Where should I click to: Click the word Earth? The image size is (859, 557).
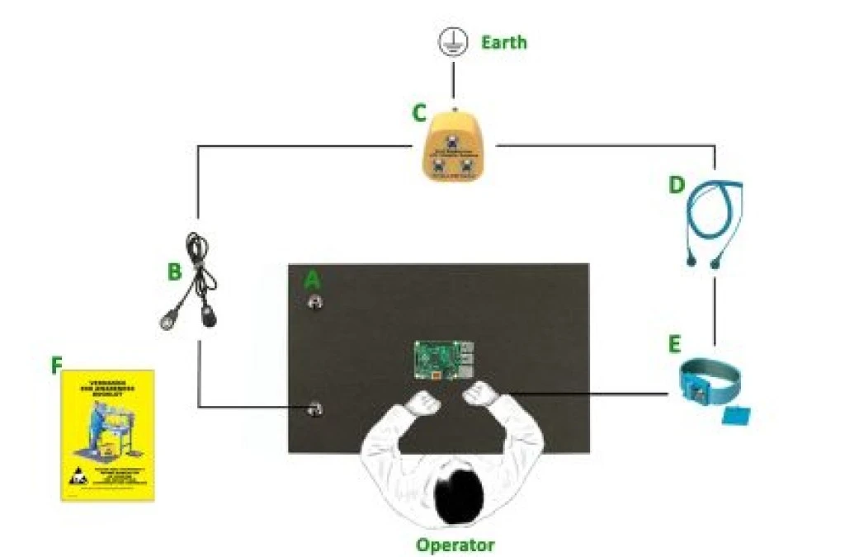pyautogui.click(x=503, y=42)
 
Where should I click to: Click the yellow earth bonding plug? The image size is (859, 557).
pyautogui.click(x=453, y=149)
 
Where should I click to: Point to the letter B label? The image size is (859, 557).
pyautogui.click(x=174, y=271)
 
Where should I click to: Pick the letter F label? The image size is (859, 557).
pyautogui.click(x=56, y=365)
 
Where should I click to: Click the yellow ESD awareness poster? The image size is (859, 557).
pyautogui.click(x=108, y=435)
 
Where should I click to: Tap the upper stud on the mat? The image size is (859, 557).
pyautogui.click(x=314, y=302)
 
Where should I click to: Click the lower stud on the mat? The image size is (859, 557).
pyautogui.click(x=314, y=408)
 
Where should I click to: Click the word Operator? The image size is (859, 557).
pyautogui.click(x=455, y=545)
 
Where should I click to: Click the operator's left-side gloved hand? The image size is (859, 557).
pyautogui.click(x=426, y=401)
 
